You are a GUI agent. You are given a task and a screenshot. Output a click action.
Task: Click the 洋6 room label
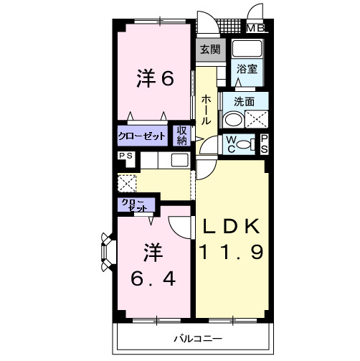[x=156, y=79]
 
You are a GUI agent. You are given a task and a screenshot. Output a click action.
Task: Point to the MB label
[x=255, y=29]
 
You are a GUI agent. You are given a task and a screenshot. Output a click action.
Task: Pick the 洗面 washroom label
[x=244, y=101]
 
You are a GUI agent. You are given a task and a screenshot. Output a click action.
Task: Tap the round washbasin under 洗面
[x=232, y=120]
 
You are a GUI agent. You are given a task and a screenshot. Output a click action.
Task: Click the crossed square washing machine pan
[x=257, y=120]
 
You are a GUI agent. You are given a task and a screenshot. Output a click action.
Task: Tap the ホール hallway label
[x=206, y=111]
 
